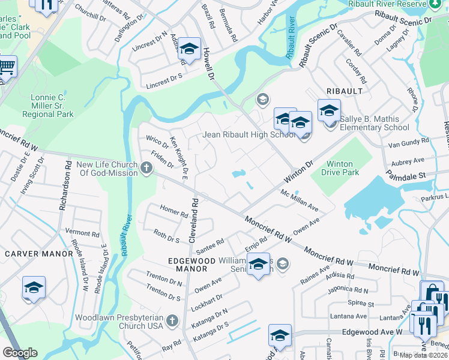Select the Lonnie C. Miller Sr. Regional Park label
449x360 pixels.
[x=48, y=106]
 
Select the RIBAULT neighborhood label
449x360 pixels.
[x=344, y=91]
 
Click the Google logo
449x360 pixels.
[x=20, y=353]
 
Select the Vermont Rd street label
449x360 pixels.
[x=82, y=233]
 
